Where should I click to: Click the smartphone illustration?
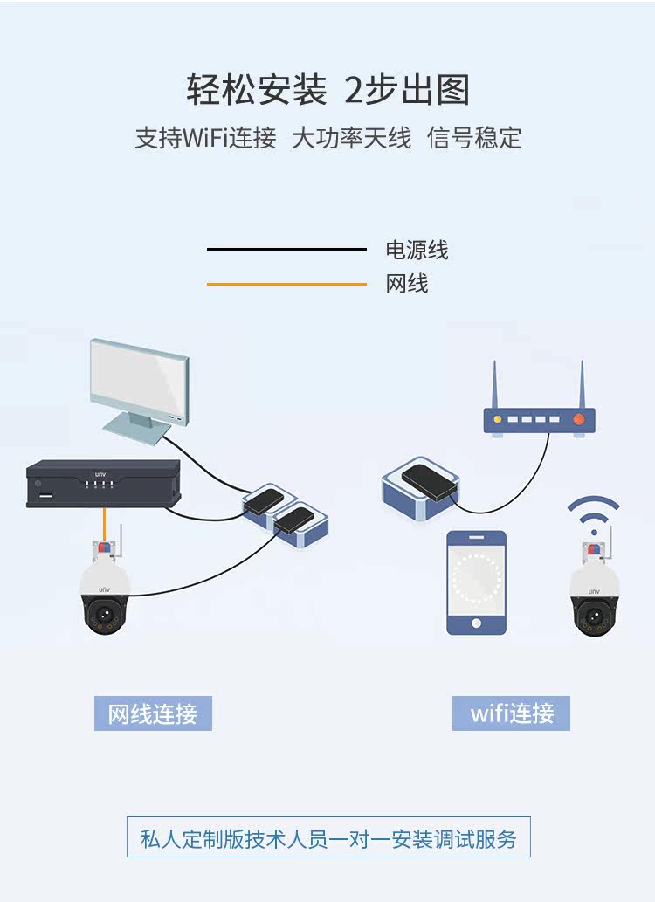click(x=476, y=582)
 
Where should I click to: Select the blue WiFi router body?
click(x=539, y=422)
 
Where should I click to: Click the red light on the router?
click(x=578, y=420)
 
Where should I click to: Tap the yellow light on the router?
click(x=498, y=420)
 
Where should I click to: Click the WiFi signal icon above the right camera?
click(x=594, y=515)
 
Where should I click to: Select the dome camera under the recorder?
click(x=106, y=594)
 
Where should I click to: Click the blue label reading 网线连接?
click(x=153, y=713)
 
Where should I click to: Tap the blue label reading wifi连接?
click(x=512, y=713)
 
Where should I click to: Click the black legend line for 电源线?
click(x=286, y=250)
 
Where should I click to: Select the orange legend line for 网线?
click(x=286, y=284)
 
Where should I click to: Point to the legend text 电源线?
click(x=417, y=251)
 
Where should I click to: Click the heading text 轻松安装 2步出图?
click(x=327, y=90)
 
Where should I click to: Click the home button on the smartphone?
click(x=476, y=623)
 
